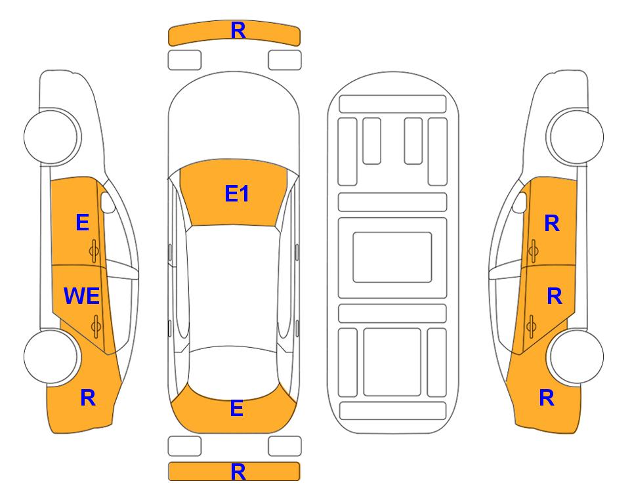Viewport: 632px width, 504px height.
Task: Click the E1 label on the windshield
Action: click(237, 194)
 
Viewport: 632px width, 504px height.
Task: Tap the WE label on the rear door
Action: click(82, 296)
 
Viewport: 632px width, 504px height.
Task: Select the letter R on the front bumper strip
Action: click(238, 31)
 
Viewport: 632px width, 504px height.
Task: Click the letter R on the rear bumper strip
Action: click(238, 472)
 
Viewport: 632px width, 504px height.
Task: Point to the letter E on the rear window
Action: click(237, 408)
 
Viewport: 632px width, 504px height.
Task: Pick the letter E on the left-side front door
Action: click(82, 222)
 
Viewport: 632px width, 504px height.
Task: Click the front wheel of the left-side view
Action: click(51, 136)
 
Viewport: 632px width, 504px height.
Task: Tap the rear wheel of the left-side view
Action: click(51, 356)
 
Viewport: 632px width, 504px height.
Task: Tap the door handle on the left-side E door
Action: click(95, 251)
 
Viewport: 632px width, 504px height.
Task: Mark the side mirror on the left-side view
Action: click(108, 202)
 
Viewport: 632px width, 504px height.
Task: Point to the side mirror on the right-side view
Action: click(520, 202)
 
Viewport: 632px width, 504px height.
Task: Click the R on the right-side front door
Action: click(552, 223)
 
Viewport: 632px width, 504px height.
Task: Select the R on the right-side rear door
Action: click(554, 297)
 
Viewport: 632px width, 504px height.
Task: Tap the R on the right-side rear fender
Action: click(547, 398)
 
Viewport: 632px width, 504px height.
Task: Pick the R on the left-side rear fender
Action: click(88, 398)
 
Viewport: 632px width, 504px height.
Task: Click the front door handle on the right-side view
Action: click(533, 251)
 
